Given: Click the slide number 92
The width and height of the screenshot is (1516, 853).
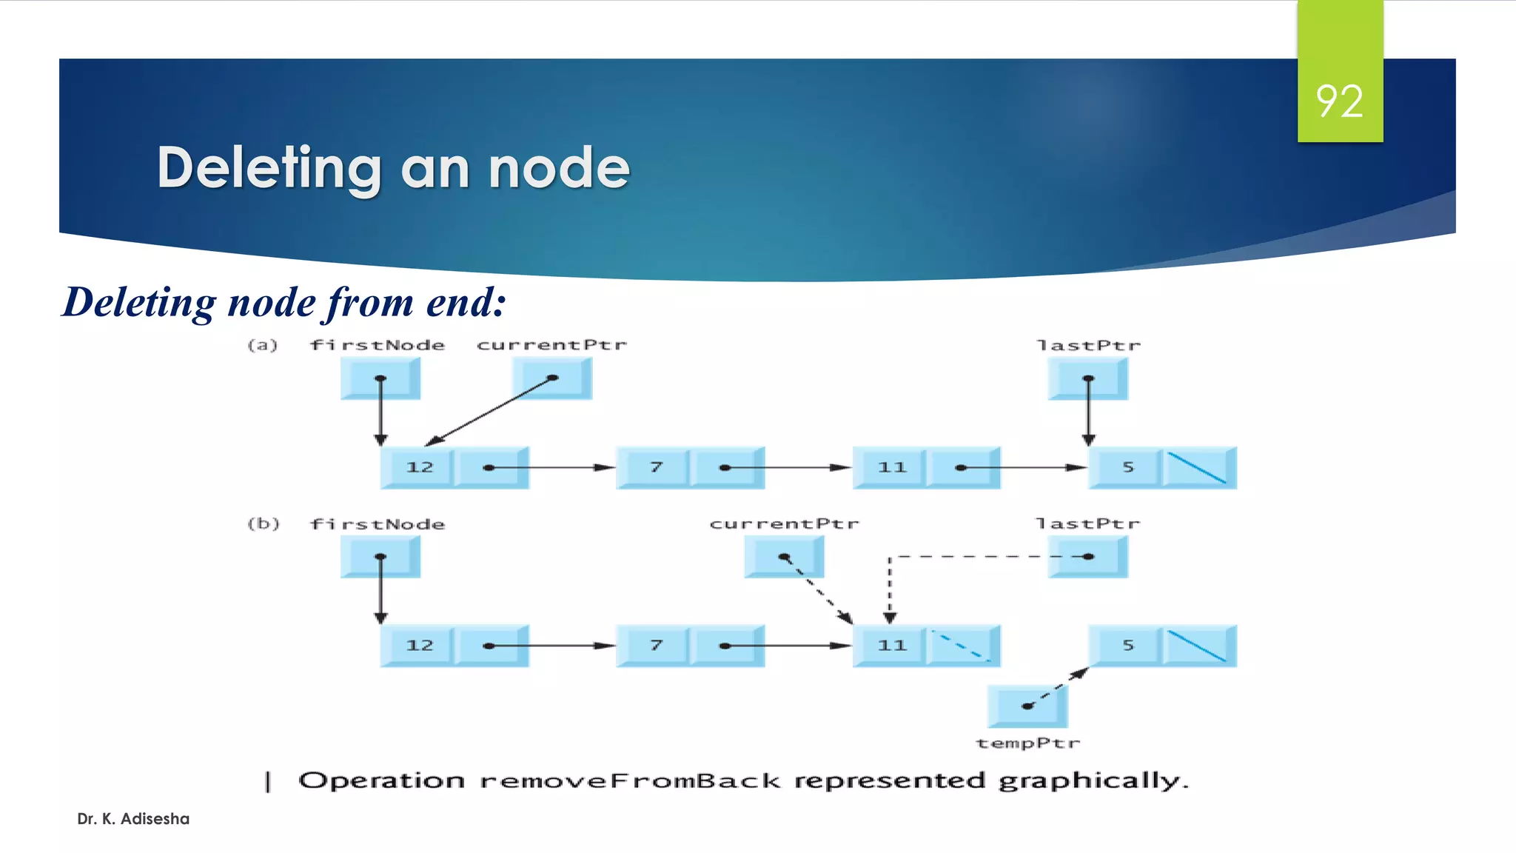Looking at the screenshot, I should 1339,101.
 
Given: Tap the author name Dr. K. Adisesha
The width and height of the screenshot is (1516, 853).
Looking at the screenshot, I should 133,819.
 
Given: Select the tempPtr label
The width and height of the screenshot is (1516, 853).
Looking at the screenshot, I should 1027,743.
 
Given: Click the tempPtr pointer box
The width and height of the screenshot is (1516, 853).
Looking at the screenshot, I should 1027,706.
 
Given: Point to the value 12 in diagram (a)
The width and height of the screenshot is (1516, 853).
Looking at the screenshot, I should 419,467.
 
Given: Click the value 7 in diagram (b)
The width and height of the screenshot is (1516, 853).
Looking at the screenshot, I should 656,646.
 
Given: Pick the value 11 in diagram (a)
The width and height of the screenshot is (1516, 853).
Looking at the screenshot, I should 891,467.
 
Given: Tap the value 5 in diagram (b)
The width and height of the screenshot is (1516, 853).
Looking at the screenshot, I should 1127,646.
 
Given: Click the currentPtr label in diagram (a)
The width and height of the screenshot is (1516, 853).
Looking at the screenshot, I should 551,345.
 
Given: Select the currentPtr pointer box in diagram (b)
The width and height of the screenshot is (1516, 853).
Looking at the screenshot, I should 784,557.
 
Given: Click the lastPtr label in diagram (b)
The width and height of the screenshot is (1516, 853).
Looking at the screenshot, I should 1087,524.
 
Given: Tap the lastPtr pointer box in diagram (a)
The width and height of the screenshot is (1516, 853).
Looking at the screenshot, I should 1087,378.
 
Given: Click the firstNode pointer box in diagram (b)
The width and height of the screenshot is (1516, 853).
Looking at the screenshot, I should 380,557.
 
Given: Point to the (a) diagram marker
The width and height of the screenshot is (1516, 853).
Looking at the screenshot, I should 262,345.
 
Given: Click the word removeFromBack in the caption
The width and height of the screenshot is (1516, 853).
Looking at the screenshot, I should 630,781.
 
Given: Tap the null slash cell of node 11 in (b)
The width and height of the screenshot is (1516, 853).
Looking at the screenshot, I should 961,646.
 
